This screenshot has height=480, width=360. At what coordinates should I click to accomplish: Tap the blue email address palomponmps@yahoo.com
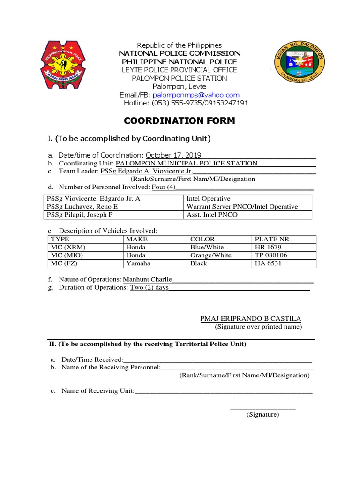tap(193, 95)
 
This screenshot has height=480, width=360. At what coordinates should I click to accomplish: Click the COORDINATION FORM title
tap(180, 121)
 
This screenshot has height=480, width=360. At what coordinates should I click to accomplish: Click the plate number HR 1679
tap(268, 247)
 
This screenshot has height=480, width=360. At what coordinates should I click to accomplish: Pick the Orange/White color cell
tap(210, 255)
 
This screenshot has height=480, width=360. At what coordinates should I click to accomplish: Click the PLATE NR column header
tap(272, 239)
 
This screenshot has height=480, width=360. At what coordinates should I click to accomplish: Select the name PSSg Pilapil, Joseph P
tap(80, 215)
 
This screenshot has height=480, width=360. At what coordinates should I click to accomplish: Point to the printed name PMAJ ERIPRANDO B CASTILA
tap(251, 319)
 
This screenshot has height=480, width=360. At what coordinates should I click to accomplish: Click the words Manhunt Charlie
tap(147, 279)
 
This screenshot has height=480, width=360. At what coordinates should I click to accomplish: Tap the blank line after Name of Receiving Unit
tap(223, 391)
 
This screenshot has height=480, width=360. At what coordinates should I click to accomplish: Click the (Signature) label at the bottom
tap(263, 415)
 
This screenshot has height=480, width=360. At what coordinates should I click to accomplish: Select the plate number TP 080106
tap(270, 255)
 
